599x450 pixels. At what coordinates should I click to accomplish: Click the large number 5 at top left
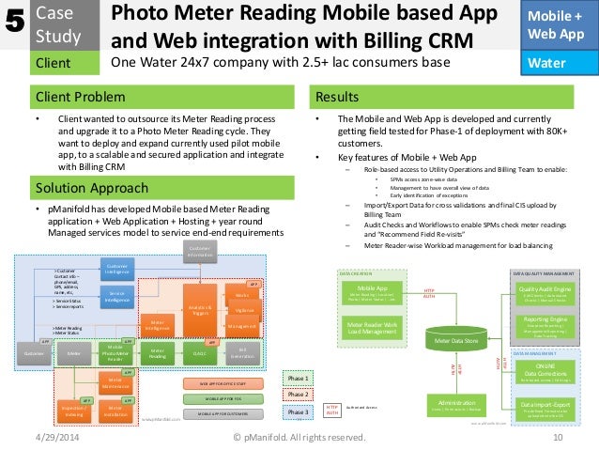[x=14, y=23]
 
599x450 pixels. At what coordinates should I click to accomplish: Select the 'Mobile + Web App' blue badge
[x=561, y=24]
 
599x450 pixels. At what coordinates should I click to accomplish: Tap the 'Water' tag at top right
[x=561, y=64]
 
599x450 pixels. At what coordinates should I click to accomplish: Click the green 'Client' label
[x=54, y=64]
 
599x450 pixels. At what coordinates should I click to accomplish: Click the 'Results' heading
[x=339, y=98]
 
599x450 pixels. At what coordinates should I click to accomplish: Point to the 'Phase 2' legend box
[x=298, y=394]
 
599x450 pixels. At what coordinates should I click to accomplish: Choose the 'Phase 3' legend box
[x=298, y=411]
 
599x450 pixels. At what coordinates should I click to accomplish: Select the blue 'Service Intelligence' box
[x=117, y=296]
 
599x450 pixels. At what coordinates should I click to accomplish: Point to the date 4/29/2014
[x=57, y=438]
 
